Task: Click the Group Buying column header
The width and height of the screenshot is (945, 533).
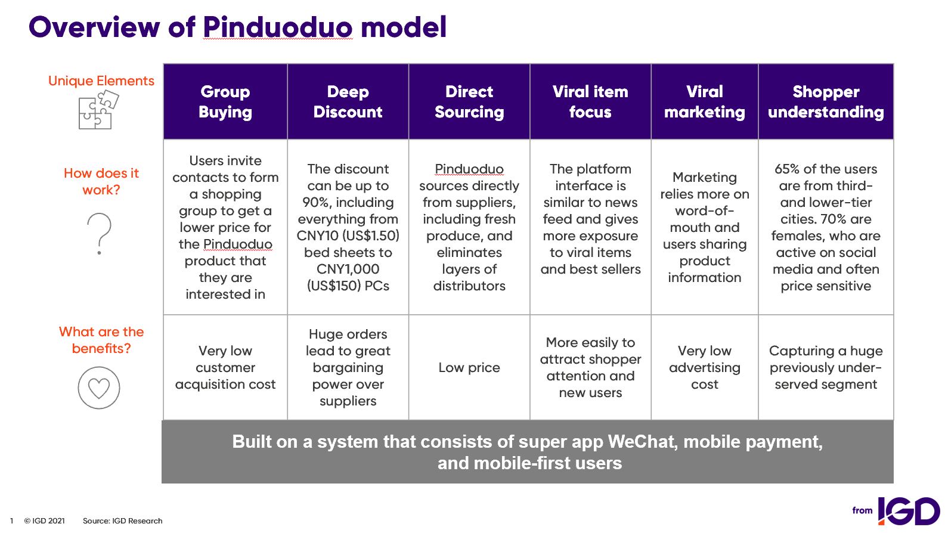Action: point(225,102)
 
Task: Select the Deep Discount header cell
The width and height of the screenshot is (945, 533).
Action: point(348,102)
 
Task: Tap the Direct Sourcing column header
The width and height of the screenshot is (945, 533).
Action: point(469,102)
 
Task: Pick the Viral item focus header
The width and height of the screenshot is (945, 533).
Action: point(590,102)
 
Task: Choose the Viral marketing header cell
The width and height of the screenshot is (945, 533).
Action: point(705,102)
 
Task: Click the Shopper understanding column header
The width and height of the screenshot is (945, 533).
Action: point(826,102)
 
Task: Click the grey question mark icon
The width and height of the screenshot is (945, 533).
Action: point(99,234)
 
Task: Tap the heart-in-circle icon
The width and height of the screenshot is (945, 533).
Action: point(99,388)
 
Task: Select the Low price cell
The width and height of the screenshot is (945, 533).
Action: point(469,367)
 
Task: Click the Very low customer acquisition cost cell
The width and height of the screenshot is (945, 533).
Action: point(225,367)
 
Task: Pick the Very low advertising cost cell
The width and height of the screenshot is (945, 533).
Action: point(705,367)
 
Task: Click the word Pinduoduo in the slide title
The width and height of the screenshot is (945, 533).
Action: point(278,27)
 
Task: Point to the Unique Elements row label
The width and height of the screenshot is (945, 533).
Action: point(101,80)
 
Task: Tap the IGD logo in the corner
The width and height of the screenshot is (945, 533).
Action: point(909,511)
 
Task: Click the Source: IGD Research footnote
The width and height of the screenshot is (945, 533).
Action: point(122,520)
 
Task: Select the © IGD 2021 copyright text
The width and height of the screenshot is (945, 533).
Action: point(44,520)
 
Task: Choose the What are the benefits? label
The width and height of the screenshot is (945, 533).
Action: point(101,340)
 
